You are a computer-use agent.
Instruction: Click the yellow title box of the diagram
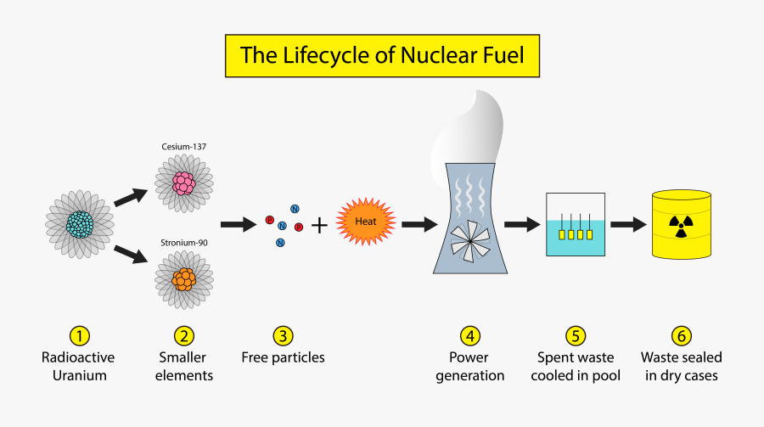(382, 56)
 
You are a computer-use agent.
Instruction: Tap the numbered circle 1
(78, 335)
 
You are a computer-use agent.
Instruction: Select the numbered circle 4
(470, 335)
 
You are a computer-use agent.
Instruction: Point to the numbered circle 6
(679, 335)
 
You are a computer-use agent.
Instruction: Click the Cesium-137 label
(184, 146)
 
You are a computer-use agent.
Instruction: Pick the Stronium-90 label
(184, 243)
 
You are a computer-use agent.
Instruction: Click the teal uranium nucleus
(79, 224)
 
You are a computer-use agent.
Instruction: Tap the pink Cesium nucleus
(184, 183)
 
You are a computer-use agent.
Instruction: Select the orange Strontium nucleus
(184, 278)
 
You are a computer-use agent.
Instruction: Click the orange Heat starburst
(366, 222)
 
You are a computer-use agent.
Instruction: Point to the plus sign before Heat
(319, 226)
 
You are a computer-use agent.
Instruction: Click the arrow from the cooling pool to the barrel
(627, 225)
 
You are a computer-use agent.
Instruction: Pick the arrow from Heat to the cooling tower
(419, 225)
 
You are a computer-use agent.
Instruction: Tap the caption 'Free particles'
(282, 357)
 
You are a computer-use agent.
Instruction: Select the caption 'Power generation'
(470, 366)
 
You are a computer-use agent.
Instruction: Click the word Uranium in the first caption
(78, 375)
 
